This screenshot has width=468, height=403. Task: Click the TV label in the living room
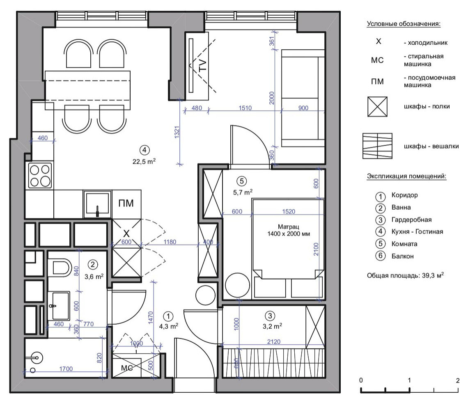(202, 65)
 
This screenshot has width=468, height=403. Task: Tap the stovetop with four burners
(40, 176)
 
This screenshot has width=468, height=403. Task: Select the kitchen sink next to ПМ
(97, 204)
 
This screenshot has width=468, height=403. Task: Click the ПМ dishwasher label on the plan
(126, 204)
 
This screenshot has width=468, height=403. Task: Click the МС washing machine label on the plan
(127, 369)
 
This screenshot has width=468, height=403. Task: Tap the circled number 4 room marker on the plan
(145, 150)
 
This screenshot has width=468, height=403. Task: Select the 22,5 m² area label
(144, 161)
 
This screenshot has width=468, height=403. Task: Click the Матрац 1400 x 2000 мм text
(289, 230)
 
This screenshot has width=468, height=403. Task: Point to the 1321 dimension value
(177, 132)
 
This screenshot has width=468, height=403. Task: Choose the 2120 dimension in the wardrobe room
(274, 341)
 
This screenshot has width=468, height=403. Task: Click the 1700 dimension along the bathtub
(66, 369)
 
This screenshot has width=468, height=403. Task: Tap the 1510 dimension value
(245, 108)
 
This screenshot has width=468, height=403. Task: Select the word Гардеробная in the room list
(412, 220)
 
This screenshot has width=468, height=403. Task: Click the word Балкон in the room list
(403, 256)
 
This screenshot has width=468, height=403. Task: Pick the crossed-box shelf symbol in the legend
(377, 106)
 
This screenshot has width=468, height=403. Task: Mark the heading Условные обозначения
(404, 24)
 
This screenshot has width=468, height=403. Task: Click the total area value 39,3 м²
(433, 275)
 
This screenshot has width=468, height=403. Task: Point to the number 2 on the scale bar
(458, 380)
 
